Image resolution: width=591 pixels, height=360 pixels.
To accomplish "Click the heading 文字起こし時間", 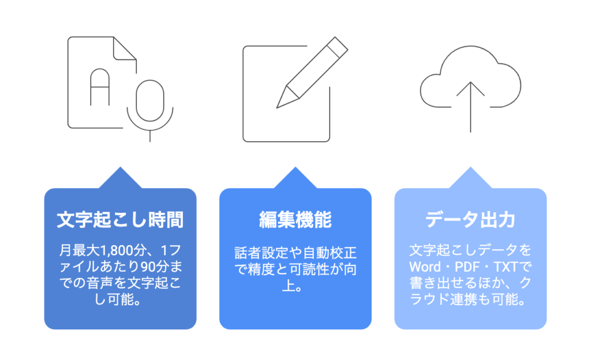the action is coord(120,220).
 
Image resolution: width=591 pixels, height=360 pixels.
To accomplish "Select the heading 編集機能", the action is coord(295,220).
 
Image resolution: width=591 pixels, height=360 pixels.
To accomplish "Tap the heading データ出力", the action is coord(470,220).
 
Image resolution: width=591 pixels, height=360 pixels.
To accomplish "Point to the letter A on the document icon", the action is coord(100,87).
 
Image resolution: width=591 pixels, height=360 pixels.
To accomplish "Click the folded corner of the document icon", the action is coord(125,48).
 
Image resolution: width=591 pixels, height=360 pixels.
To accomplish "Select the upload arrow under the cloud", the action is coord(470,107).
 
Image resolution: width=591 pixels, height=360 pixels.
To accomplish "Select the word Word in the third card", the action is coord(425,267).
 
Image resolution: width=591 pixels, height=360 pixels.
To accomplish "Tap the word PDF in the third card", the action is coord(467,267).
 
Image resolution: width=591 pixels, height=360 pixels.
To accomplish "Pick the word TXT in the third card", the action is coord(506,267).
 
